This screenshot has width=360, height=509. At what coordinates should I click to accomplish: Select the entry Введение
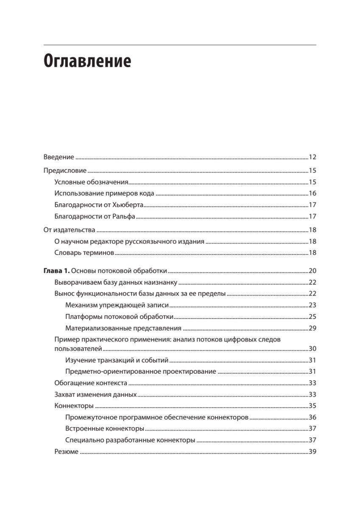tap(59, 157)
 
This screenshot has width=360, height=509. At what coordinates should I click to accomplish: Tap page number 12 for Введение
tap(313, 157)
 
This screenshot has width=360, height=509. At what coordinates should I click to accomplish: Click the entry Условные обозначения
tap(91, 182)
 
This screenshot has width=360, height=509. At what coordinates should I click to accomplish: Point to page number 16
tap(313, 194)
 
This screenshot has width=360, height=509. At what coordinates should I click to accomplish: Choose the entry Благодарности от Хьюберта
tap(99, 205)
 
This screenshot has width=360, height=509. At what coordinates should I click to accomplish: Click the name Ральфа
tap(125, 216)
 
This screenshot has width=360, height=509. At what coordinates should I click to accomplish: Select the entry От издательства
tap(69, 230)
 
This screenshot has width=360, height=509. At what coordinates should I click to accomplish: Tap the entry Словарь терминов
tap(84, 253)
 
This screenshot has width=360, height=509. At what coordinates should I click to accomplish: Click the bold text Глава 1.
tap(57, 271)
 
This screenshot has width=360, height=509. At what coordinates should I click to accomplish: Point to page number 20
tap(313, 271)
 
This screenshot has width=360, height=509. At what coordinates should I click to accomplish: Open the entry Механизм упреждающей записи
tap(117, 305)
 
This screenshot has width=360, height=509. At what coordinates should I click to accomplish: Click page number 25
tap(313, 316)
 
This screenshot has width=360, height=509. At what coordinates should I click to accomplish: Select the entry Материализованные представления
tap(123, 328)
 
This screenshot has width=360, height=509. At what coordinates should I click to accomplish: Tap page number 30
tap(313, 349)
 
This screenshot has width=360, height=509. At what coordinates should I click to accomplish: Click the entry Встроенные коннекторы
tap(105, 428)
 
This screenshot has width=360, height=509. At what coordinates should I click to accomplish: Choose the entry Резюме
tap(66, 452)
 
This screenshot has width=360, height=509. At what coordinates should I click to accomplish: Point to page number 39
tap(313, 452)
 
